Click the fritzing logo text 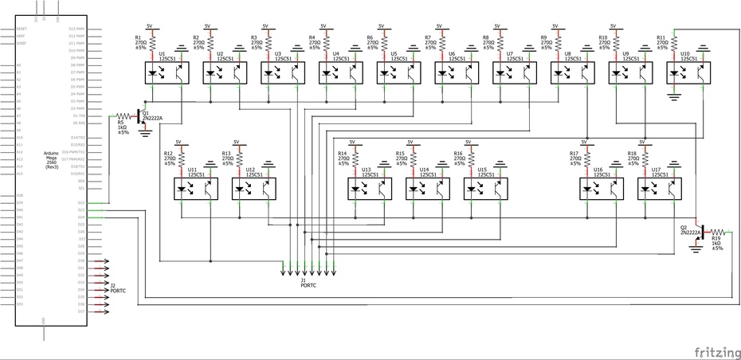click(x=714, y=351)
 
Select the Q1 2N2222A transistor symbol click(x=140, y=117)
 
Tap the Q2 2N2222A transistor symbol click(x=697, y=231)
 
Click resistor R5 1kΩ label click(x=123, y=127)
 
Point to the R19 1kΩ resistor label click(x=717, y=243)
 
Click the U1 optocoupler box click(x=167, y=73)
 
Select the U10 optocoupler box click(x=687, y=73)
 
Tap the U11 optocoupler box click(x=195, y=188)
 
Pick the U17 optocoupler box click(x=658, y=188)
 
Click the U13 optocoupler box click(x=369, y=188)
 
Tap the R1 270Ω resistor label click(x=141, y=43)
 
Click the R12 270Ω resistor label click(x=169, y=158)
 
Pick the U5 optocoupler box click(x=398, y=73)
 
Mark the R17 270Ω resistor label click(x=575, y=158)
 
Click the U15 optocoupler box click(x=484, y=188)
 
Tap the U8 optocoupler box click(x=571, y=73)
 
